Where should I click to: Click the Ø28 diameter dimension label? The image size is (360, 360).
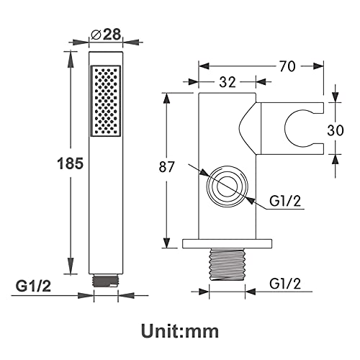(x=106, y=35)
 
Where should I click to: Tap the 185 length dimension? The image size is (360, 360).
(x=71, y=163)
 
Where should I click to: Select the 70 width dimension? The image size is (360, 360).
(x=287, y=66)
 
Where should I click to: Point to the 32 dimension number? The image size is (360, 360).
(x=228, y=82)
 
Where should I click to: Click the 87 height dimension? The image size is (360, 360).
(x=167, y=167)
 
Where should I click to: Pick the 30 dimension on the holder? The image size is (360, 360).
(x=336, y=130)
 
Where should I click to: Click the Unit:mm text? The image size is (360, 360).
(x=180, y=331)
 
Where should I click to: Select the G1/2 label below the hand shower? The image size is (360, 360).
(x=33, y=286)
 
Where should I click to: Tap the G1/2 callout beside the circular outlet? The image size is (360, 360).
(x=285, y=201)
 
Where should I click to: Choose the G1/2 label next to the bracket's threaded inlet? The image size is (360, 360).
(x=285, y=284)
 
